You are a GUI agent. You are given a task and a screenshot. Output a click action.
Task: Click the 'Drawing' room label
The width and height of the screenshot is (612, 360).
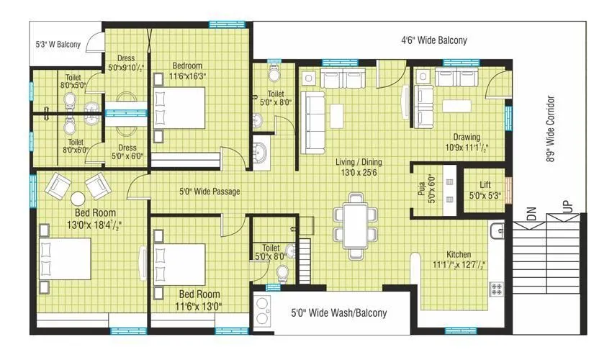466,138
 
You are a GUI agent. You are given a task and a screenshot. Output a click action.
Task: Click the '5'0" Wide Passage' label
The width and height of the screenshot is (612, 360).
210,192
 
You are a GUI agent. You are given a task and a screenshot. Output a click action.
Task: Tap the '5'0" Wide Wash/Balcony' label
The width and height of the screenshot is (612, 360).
338,313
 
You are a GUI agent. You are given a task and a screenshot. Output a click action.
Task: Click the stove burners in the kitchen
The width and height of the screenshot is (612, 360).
496,289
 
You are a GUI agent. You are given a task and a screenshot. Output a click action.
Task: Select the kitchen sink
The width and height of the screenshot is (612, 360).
496,230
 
